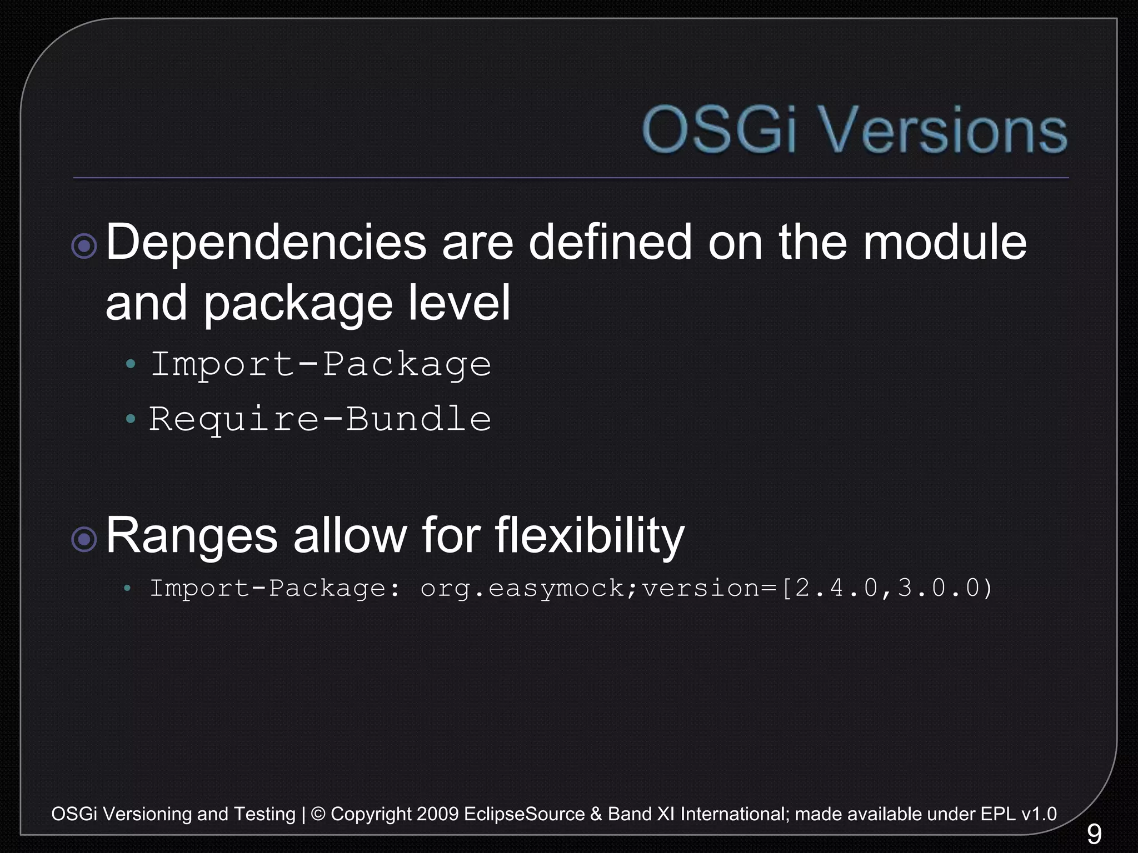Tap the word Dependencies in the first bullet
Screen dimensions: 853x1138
pyautogui.click(x=266, y=243)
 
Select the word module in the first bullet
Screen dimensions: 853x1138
pyautogui.click(x=944, y=243)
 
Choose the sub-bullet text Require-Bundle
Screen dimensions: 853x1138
pyautogui.click(x=320, y=419)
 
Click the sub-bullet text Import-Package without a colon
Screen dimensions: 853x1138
pyautogui.click(x=321, y=365)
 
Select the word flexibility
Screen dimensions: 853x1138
pyautogui.click(x=590, y=536)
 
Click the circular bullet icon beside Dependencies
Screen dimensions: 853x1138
pyautogui.click(x=84, y=245)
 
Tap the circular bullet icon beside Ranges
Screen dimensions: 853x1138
pyautogui.click(x=84, y=539)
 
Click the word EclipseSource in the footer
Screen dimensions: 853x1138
pyautogui.click(x=524, y=814)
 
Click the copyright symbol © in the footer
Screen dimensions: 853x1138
pyautogui.click(x=318, y=814)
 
